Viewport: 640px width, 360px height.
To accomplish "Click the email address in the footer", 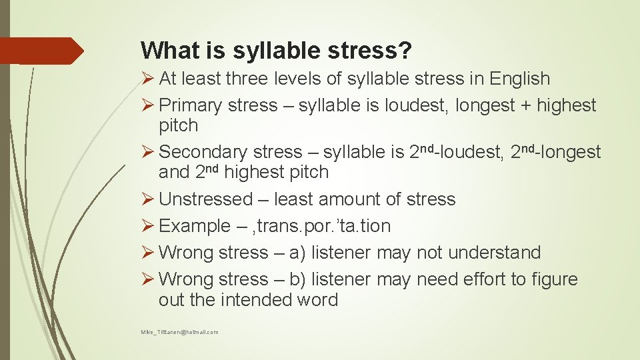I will point(179,332).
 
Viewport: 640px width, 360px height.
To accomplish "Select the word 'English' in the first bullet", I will point(519,79).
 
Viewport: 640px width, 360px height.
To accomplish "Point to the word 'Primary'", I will point(191,105).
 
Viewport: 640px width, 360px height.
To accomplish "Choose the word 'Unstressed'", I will point(207,199).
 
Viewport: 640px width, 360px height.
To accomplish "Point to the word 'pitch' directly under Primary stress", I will point(179,125).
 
